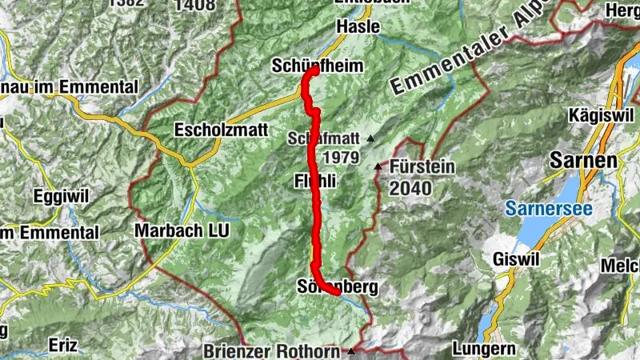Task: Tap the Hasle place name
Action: tap(353, 26)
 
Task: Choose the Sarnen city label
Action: tap(583, 161)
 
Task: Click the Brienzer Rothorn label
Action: tap(273, 350)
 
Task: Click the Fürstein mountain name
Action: tap(423, 167)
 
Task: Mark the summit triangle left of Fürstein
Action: tap(378, 166)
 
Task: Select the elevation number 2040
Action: tap(411, 189)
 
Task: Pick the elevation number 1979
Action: tap(336, 158)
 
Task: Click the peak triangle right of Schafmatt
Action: tap(370, 139)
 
